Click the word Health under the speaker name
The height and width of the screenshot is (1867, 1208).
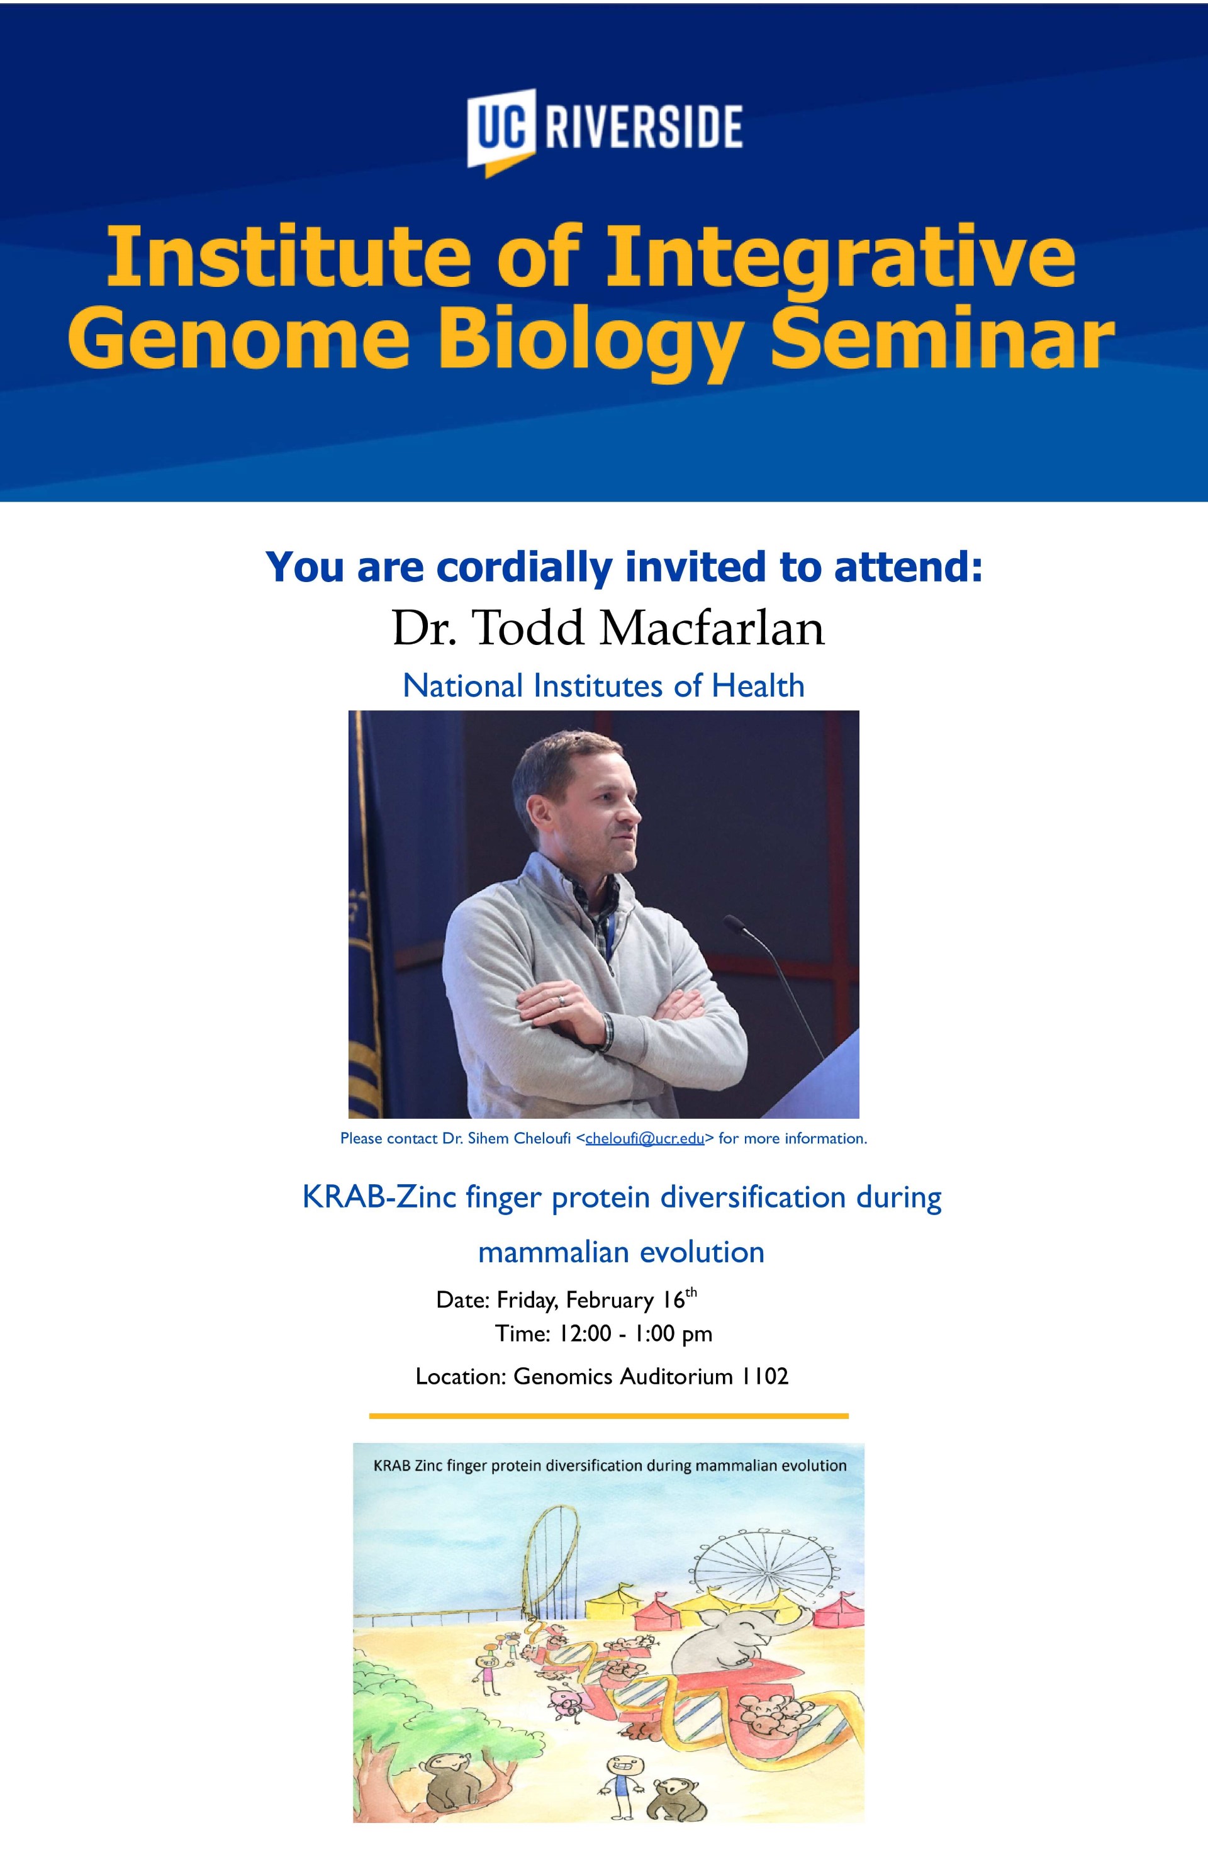point(758,686)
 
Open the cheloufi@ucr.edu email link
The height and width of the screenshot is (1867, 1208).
point(644,1138)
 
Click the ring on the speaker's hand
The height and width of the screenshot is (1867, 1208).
point(560,1000)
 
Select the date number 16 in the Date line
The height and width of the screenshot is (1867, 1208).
point(674,1300)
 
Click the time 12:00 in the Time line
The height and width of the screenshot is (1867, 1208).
point(584,1333)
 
